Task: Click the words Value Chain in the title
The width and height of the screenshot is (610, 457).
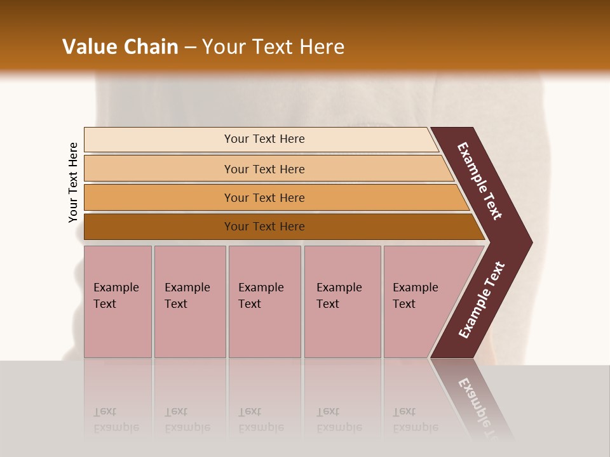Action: tap(120, 47)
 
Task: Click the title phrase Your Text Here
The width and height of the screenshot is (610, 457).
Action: tap(273, 47)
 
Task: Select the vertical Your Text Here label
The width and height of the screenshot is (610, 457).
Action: tap(73, 182)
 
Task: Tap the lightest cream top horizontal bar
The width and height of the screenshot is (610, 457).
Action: tap(159, 140)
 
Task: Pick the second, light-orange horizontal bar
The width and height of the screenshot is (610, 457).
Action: tap(159, 169)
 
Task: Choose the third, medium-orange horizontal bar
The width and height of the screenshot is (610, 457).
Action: tap(159, 198)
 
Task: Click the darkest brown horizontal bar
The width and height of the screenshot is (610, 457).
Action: tap(159, 227)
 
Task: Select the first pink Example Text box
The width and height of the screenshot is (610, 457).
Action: tap(118, 301)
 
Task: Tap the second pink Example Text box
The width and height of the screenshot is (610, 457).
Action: tap(190, 301)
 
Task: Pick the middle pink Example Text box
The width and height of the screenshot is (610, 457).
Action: tap(264, 301)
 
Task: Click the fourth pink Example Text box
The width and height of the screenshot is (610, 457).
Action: tap(342, 301)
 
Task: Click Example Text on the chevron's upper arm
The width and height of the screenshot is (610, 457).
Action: tap(480, 181)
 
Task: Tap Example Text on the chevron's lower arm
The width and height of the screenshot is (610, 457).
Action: tap(482, 300)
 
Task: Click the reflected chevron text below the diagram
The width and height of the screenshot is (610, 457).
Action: tap(480, 406)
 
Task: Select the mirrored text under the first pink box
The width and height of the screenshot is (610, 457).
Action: tap(116, 420)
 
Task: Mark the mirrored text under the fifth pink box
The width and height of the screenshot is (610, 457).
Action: tap(415, 420)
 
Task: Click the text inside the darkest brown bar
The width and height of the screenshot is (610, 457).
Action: tap(264, 227)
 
